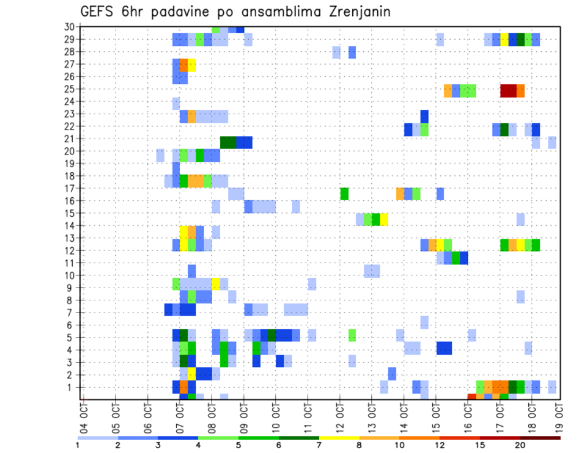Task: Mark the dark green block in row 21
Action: click(x=228, y=142)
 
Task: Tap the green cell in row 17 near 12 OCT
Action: click(x=344, y=194)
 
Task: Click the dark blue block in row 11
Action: click(x=464, y=258)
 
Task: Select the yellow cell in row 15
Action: click(x=384, y=219)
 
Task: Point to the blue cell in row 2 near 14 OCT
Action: click(x=392, y=373)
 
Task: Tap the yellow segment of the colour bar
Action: click(x=339, y=438)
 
